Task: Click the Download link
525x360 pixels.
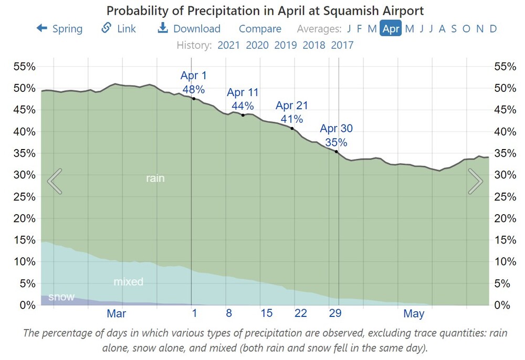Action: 190,29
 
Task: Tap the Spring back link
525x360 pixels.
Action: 59,29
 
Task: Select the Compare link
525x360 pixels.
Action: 260,29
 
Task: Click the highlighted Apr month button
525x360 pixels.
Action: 391,29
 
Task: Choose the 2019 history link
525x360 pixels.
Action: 285,45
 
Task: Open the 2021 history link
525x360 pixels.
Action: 228,45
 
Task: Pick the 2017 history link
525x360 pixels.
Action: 342,45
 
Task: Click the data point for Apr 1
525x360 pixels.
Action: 194,99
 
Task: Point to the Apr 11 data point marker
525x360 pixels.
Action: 243,115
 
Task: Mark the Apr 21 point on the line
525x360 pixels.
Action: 292,129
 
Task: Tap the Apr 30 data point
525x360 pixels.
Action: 337,152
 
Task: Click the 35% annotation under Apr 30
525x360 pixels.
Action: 336,142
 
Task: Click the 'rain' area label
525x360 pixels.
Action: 155,178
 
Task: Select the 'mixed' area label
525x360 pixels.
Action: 128,282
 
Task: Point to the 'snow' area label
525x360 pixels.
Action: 61,297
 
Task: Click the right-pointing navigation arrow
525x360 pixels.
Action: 475,181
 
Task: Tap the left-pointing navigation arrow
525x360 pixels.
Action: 55,181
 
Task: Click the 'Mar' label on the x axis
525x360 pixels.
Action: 116,314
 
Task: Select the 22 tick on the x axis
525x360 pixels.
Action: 300,313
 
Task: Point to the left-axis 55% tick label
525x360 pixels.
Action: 25,67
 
